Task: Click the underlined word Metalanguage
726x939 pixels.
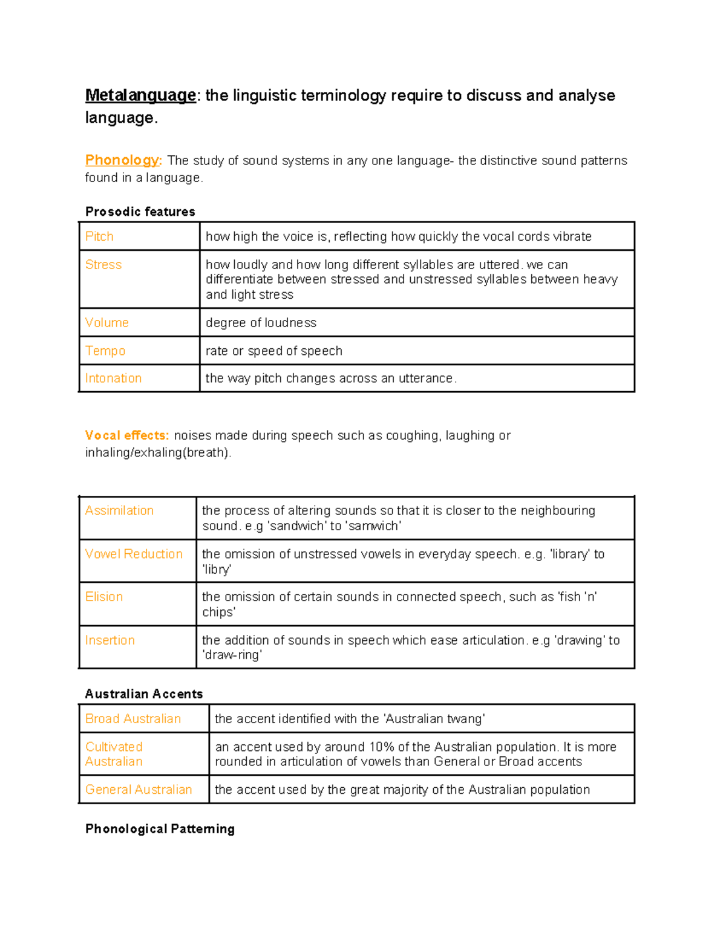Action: click(x=140, y=96)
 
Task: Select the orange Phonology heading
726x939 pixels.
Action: click(x=123, y=160)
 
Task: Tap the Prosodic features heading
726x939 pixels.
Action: click(x=140, y=212)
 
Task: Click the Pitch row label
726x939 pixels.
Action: click(x=99, y=236)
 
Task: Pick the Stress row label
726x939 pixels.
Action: click(x=103, y=265)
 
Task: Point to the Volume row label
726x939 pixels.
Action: click(x=106, y=323)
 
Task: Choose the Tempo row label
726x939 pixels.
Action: click(x=105, y=351)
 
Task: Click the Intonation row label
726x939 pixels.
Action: click(x=113, y=379)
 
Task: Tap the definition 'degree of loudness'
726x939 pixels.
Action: click(x=261, y=323)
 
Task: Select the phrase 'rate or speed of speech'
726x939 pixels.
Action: click(x=273, y=351)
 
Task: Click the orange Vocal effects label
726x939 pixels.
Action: click(x=127, y=435)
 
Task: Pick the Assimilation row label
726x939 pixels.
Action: click(x=119, y=511)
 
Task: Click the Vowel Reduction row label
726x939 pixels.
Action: click(x=134, y=554)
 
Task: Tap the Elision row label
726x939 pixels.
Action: click(x=104, y=597)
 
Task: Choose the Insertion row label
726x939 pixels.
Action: click(x=110, y=640)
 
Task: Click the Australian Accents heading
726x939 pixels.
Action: click(x=144, y=694)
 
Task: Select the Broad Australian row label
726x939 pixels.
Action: click(x=133, y=719)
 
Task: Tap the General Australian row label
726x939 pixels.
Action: click(x=139, y=790)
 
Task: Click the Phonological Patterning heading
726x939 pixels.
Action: click(x=160, y=829)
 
